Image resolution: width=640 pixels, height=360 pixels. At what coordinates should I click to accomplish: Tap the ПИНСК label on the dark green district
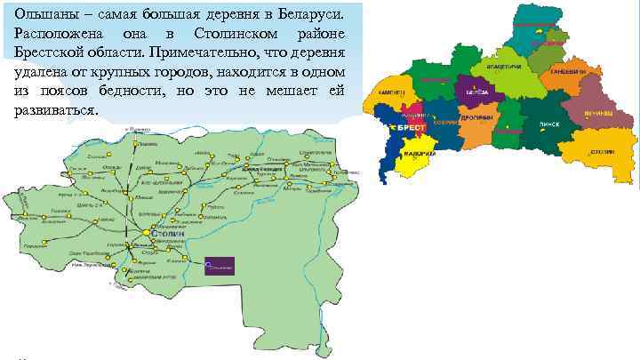coord(548,124)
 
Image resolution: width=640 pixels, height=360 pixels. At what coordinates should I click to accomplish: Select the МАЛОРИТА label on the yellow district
coord(419,153)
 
